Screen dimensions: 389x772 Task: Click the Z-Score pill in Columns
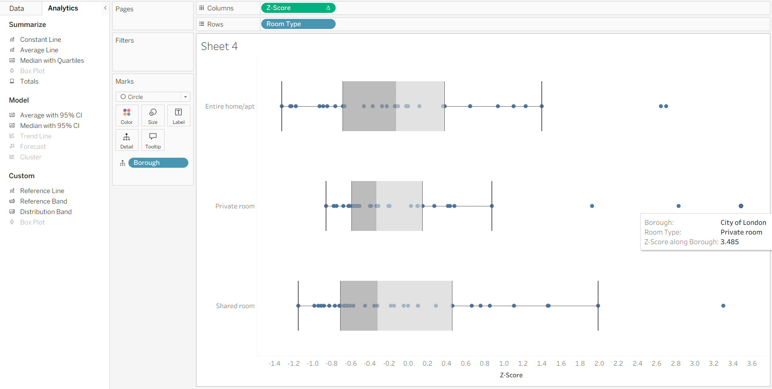point(298,8)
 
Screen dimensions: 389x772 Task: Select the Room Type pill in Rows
point(298,24)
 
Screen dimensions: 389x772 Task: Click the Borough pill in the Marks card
point(158,163)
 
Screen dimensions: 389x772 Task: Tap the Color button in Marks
point(127,115)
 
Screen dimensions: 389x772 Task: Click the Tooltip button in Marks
point(153,140)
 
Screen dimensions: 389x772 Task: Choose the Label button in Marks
point(178,115)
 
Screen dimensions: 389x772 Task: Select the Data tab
point(17,8)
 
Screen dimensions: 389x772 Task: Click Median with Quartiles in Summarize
point(52,60)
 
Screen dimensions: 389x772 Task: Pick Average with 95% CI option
point(51,115)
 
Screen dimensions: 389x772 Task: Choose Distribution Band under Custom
point(46,212)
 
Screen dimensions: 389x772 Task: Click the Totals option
point(29,81)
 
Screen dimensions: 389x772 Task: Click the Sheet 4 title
point(219,46)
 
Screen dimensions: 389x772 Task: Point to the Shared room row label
point(235,306)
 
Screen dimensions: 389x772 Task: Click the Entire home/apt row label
point(230,106)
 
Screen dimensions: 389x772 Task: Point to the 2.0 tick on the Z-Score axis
point(599,364)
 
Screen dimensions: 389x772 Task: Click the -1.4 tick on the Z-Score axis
point(275,364)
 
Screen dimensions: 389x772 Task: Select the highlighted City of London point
point(741,206)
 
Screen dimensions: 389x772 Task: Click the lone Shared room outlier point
point(723,306)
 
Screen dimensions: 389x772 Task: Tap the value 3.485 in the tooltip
point(729,242)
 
